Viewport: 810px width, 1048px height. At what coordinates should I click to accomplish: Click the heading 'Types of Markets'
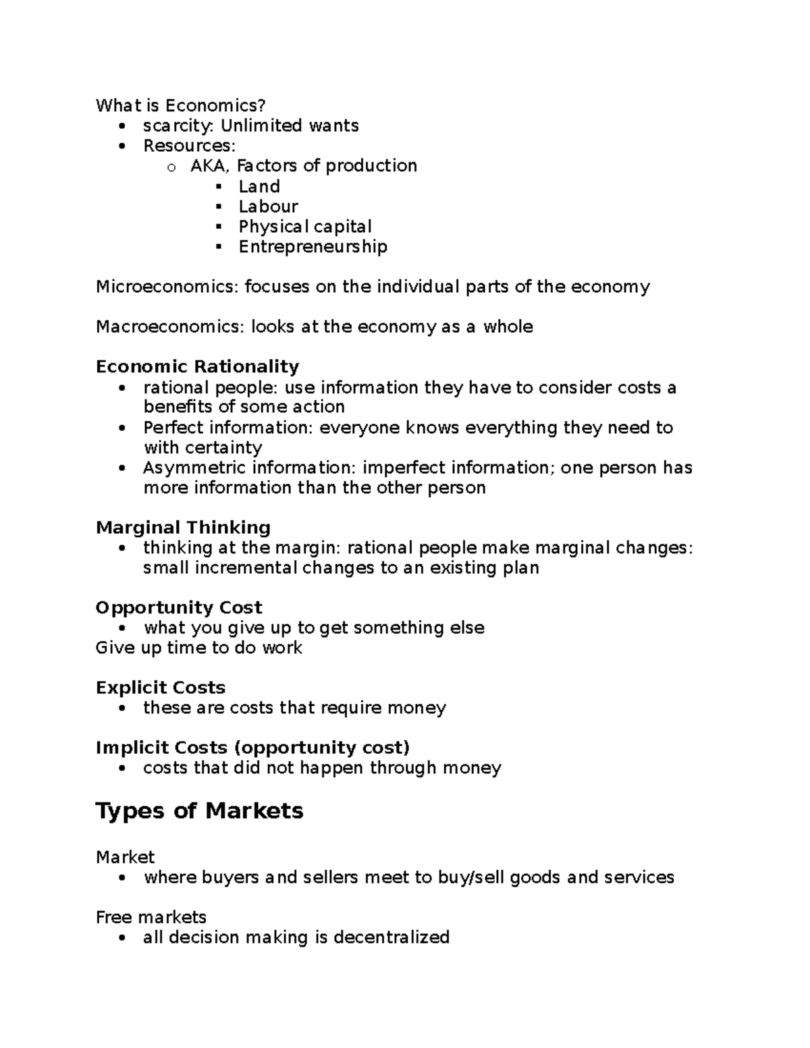(x=199, y=810)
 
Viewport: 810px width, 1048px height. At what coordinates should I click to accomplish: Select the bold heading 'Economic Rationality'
(x=197, y=366)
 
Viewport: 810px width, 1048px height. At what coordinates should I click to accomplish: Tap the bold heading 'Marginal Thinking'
(x=183, y=527)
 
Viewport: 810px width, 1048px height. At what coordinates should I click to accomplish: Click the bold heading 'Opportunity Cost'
(x=179, y=607)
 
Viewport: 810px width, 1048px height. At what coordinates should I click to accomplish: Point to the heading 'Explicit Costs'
(x=161, y=688)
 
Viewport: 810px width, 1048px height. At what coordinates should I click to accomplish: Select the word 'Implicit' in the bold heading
(x=132, y=748)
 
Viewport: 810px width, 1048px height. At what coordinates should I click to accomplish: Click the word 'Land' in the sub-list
(x=259, y=186)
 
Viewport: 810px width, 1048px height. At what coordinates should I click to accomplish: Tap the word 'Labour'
(x=268, y=206)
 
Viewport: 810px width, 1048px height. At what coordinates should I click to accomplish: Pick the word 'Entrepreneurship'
(x=313, y=247)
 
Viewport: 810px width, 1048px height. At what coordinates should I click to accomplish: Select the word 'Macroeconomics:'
(x=171, y=327)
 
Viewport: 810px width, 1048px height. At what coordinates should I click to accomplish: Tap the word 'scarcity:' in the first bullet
(x=179, y=126)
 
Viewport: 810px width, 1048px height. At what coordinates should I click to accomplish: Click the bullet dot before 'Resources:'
(x=122, y=146)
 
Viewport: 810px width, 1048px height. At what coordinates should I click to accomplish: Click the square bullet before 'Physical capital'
(x=218, y=227)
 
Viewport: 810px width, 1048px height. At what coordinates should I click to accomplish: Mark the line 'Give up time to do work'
(x=198, y=648)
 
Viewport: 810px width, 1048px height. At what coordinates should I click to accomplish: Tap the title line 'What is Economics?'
(x=180, y=105)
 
